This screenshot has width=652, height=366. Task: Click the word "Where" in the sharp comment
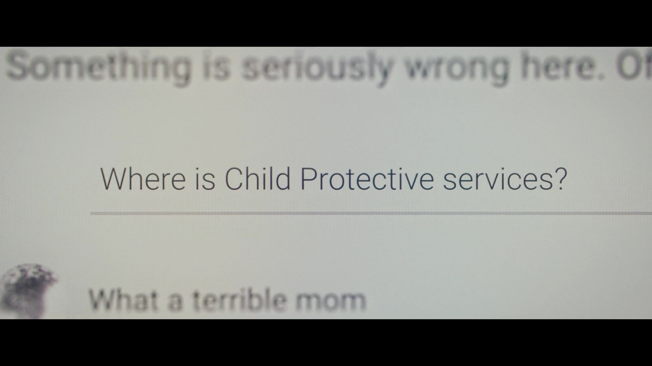click(143, 179)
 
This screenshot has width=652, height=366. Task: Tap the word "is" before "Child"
click(205, 179)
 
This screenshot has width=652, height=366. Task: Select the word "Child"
click(257, 179)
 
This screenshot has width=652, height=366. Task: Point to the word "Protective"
click(367, 179)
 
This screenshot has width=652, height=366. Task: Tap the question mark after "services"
click(561, 179)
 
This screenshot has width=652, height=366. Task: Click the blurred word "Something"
click(98, 67)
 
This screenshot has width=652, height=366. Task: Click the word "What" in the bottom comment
click(123, 299)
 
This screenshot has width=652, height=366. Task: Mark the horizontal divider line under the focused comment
click(371, 213)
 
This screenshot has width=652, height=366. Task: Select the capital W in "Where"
click(114, 179)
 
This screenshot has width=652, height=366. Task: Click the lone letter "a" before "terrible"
click(175, 302)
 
